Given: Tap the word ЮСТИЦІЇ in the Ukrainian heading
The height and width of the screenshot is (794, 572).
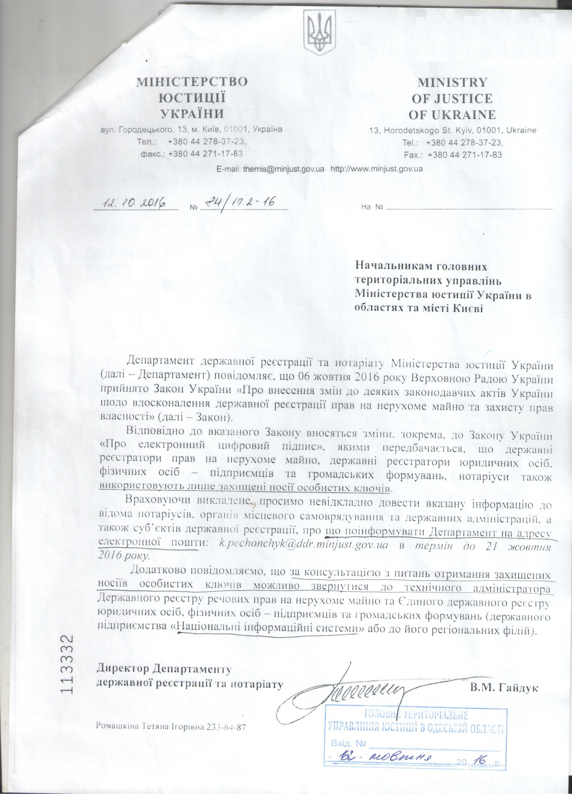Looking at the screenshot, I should coord(192,98).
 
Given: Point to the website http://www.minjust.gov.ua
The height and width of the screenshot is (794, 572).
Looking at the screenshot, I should coord(377,169).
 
